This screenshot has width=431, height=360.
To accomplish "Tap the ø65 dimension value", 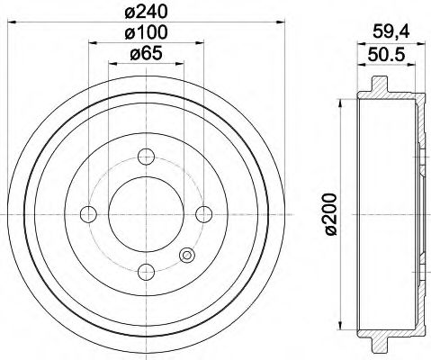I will click(x=146, y=53).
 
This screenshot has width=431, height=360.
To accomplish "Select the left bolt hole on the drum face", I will click(x=89, y=213).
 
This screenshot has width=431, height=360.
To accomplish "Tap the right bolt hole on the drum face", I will click(x=203, y=213).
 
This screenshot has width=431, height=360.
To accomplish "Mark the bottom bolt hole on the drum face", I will click(x=146, y=270).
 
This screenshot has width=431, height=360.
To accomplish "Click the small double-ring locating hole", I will click(x=186, y=255).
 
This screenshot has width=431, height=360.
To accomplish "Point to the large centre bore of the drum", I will click(x=146, y=213).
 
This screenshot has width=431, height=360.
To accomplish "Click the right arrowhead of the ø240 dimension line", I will click(x=279, y=22).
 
